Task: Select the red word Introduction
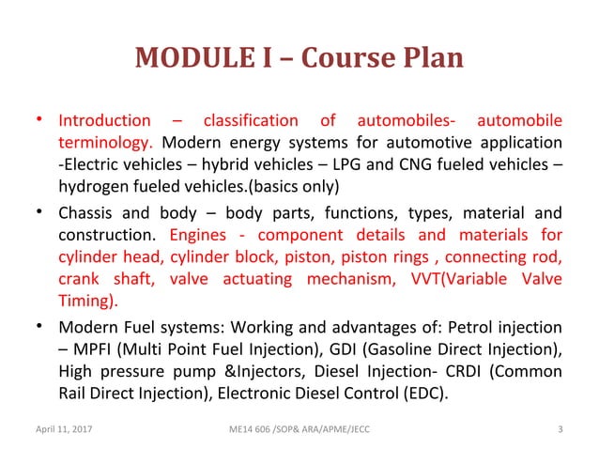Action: point(104,121)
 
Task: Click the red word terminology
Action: point(106,145)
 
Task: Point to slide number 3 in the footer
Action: point(559,430)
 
